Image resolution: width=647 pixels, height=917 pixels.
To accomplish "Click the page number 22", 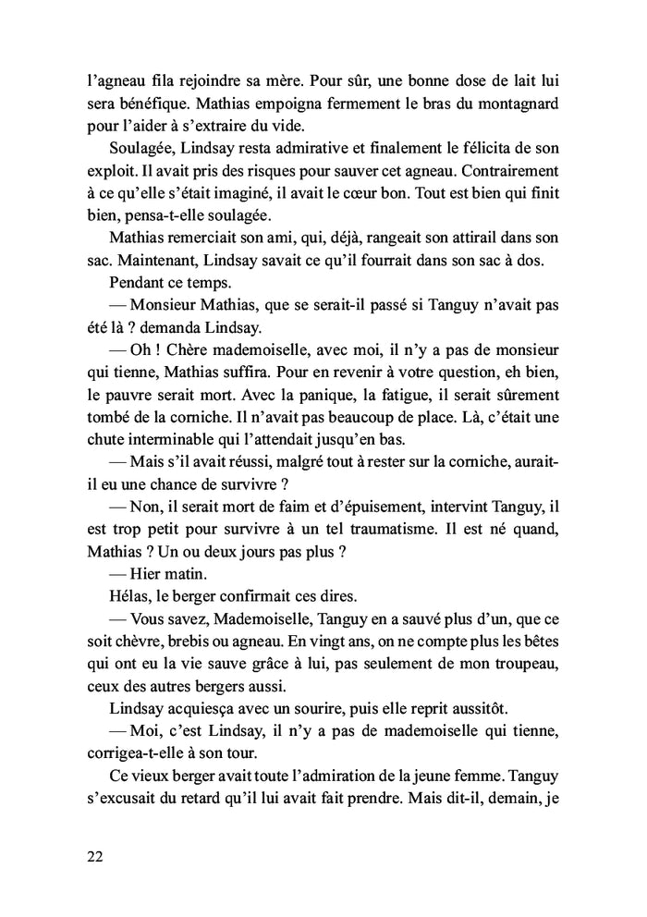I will pyautogui.click(x=90, y=855).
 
